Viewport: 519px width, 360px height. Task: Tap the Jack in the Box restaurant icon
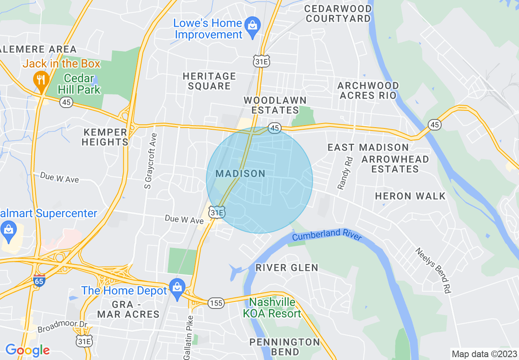pyautogui.click(x=41, y=78)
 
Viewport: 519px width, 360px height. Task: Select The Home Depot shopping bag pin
pyautogui.click(x=177, y=288)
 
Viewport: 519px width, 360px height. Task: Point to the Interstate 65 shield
pyautogui.click(x=39, y=281)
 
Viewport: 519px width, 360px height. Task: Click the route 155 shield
pyautogui.click(x=216, y=303)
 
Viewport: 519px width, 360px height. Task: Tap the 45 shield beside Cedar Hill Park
pyautogui.click(x=66, y=102)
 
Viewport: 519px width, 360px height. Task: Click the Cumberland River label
pyautogui.click(x=327, y=236)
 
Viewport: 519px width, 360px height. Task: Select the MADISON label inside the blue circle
pyautogui.click(x=241, y=173)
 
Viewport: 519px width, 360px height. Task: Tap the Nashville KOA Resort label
pyautogui.click(x=272, y=308)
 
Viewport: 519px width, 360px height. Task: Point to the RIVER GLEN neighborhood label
pyautogui.click(x=287, y=268)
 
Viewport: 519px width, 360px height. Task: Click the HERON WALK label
pyautogui.click(x=410, y=196)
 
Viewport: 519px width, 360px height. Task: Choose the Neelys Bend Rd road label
pyautogui.click(x=433, y=270)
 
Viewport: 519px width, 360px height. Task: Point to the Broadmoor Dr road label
pyautogui.click(x=63, y=326)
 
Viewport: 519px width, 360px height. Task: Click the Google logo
pyautogui.click(x=27, y=350)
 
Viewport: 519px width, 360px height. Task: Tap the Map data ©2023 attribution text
pyautogui.click(x=483, y=354)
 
